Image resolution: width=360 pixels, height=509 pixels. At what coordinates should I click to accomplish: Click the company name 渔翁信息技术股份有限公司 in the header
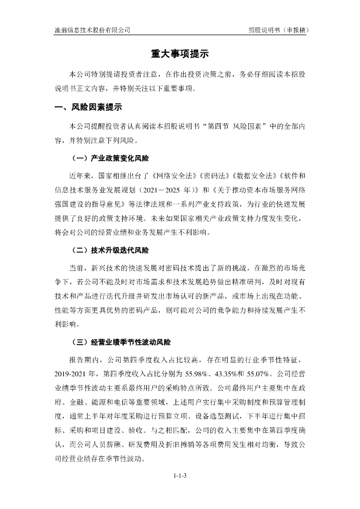[x=92, y=30]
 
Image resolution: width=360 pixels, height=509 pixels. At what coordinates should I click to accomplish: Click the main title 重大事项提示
[x=180, y=55]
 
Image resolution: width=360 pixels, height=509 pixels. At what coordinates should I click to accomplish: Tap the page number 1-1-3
[x=180, y=476]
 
